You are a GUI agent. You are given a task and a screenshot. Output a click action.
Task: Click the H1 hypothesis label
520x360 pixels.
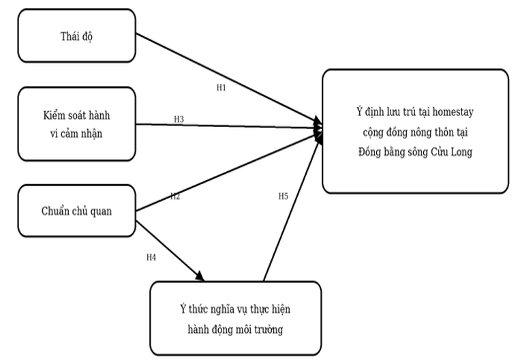[x=221, y=87]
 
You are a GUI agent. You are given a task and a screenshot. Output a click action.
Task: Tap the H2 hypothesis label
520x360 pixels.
[x=175, y=196]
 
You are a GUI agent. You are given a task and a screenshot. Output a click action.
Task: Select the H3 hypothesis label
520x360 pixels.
[x=179, y=119]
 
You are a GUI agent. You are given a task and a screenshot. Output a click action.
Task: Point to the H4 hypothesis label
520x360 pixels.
[x=151, y=258]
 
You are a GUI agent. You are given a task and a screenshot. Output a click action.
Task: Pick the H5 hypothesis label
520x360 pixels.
[x=284, y=196]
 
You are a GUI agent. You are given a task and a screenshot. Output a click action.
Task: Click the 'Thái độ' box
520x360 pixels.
[x=76, y=35]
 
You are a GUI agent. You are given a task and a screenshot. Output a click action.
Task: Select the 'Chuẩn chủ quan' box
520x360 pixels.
[x=76, y=211]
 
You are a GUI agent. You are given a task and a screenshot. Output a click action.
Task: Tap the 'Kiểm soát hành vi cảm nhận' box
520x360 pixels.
[x=76, y=124]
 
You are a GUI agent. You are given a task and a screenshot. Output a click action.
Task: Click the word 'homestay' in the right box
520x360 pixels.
[x=453, y=112]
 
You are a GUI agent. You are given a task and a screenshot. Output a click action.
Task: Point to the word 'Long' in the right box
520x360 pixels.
[x=461, y=152]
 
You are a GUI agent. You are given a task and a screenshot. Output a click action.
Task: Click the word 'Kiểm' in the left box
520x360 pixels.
[x=53, y=115]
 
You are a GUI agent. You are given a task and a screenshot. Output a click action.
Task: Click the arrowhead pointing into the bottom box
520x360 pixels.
[x=200, y=276]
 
